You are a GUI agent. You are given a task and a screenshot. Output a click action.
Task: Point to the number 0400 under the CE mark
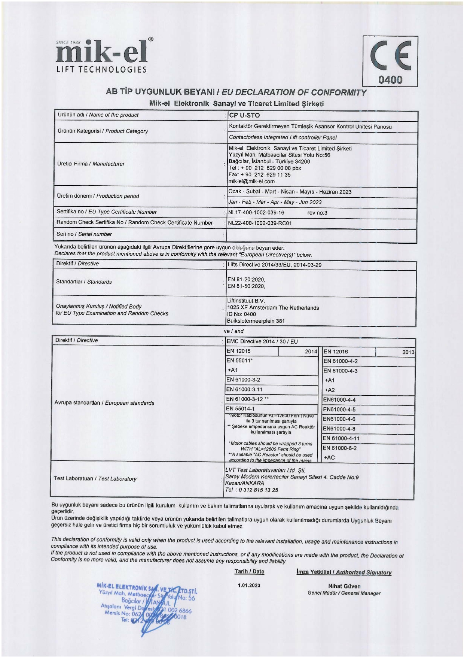pos(390,80)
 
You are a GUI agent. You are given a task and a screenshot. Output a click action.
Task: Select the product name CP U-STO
pos(244,115)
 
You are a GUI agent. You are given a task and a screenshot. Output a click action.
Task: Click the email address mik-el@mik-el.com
pos(251,182)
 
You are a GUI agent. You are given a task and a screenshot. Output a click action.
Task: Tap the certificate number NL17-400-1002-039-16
pos(256,213)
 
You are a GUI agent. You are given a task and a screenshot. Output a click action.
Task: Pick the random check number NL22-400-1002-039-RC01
pos(260,223)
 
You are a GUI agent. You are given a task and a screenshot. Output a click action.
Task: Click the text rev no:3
pos(317,213)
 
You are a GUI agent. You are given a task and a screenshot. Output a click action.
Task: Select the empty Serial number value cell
pos(322,235)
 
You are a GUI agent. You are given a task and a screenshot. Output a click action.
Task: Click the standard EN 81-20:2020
pos(246,280)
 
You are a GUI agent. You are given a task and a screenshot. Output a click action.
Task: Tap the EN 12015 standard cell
pos(238,351)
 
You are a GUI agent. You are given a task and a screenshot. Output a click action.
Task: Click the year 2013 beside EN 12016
pos(408,352)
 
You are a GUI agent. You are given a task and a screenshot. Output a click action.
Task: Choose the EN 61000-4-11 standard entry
pos(341,438)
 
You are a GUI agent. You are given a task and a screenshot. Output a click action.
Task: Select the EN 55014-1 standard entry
pos(240,409)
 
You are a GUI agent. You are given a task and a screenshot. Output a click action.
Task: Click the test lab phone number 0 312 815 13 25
pos(258,490)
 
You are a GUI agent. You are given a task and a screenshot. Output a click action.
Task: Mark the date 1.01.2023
pos(249,585)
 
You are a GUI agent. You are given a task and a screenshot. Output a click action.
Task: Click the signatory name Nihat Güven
pos(344,586)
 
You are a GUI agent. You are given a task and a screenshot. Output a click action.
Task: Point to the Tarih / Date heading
pos(249,572)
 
